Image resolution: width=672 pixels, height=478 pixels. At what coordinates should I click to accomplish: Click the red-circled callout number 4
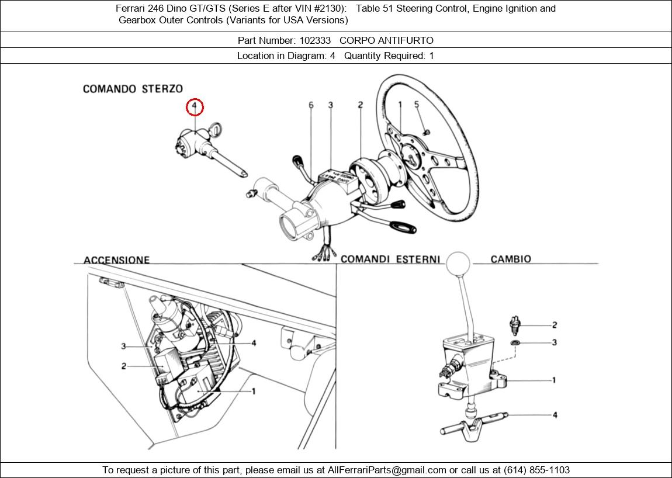point(195,107)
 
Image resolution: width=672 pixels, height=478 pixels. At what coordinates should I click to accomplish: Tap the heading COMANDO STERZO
point(133,89)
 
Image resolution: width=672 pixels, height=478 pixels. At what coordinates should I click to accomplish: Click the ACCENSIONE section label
point(116,260)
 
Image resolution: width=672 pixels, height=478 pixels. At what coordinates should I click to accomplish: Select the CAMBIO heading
point(511,259)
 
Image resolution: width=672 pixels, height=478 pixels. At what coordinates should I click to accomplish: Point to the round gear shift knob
point(458,264)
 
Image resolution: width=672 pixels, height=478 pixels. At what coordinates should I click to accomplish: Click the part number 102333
point(315,40)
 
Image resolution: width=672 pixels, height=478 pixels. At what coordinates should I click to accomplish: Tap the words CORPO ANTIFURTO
point(386,40)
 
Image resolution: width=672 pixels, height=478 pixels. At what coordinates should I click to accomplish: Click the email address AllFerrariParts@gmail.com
point(387,470)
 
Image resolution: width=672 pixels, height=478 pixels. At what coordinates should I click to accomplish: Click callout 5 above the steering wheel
point(417,105)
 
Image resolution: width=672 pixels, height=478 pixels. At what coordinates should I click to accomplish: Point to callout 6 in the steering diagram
point(311,105)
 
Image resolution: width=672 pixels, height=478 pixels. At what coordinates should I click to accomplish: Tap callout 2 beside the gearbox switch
point(554,325)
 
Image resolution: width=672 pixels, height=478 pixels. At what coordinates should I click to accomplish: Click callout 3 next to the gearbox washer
point(554,342)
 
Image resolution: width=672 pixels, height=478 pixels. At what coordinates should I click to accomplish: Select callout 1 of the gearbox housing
point(554,380)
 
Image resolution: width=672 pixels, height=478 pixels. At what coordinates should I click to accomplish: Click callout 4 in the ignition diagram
point(254,343)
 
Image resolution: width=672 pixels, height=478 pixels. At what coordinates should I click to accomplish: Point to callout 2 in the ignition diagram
point(124,366)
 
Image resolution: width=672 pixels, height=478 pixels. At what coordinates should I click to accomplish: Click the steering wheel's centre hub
point(411,157)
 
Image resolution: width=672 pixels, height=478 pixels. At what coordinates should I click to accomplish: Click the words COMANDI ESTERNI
point(390,259)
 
